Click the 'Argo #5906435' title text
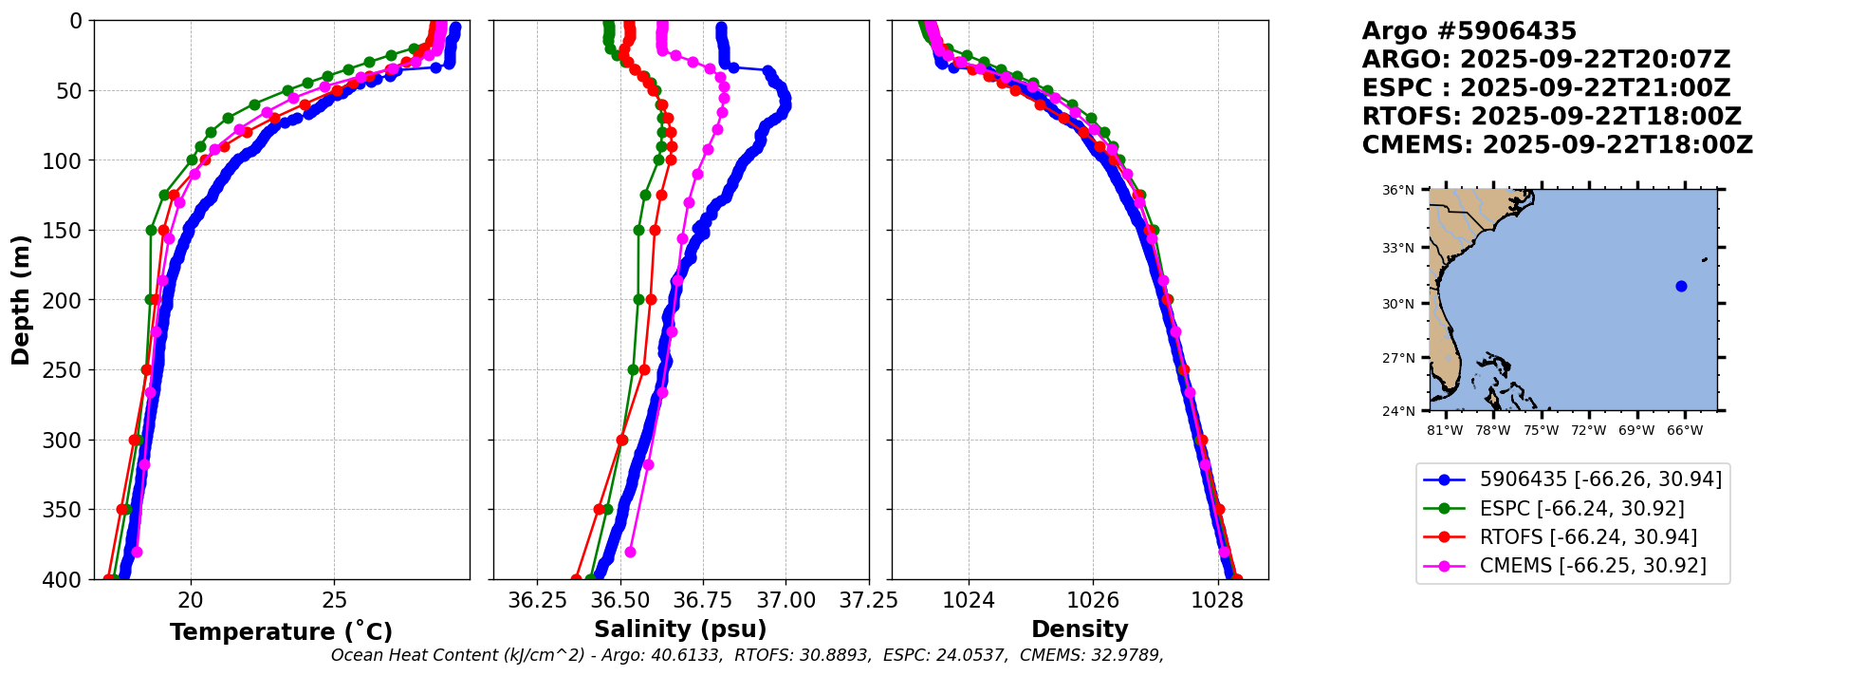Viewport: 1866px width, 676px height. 1469,31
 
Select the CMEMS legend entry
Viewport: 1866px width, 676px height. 1592,566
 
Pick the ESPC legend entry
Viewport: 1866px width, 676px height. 1581,509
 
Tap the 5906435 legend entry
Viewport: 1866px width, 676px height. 1600,479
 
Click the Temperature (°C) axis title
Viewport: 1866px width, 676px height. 281,631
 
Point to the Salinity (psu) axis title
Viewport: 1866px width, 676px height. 680,629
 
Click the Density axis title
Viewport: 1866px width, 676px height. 1080,629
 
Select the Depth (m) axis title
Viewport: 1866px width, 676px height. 21,299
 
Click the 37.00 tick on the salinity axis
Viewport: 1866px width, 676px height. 786,601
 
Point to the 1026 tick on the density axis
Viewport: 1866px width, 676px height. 1093,601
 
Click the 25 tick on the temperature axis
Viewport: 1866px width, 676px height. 334,601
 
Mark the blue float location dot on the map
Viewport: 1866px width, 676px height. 1681,286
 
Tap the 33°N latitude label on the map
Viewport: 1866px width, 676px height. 1397,248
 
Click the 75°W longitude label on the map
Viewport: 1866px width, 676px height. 1541,430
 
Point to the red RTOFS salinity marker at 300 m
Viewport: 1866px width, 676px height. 622,440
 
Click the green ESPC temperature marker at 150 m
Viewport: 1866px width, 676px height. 151,230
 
